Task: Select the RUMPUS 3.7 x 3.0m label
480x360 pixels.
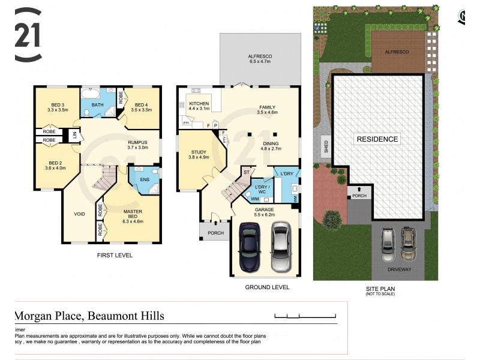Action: (137, 143)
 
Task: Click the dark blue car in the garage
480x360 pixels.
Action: (249, 247)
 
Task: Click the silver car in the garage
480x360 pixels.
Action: (281, 247)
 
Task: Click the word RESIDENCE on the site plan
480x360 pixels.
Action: (377, 139)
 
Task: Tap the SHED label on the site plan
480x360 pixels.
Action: (326, 147)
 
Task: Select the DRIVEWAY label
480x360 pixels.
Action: (399, 269)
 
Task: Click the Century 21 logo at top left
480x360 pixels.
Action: (28, 35)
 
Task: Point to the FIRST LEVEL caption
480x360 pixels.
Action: (115, 256)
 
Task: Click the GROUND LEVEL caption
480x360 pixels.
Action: (267, 287)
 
